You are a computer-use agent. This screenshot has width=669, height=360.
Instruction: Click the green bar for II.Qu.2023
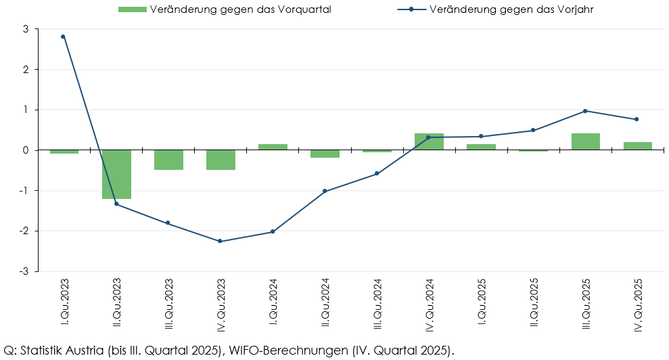116,174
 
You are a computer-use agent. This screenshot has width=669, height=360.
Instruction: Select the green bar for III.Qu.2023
168,160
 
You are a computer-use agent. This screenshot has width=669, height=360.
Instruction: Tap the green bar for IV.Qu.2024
429,141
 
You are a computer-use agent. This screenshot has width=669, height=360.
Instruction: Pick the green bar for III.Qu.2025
586,141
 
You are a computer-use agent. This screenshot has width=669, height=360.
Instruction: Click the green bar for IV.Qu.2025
638,145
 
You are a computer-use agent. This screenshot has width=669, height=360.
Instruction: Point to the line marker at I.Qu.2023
63,37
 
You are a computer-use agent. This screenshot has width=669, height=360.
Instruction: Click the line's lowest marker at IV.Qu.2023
220,241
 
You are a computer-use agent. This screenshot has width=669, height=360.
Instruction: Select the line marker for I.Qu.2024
273,231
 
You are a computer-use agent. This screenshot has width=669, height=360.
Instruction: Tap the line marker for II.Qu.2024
325,191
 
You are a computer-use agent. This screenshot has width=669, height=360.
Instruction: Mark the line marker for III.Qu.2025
585,111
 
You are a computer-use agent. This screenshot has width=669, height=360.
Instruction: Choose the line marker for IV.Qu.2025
637,119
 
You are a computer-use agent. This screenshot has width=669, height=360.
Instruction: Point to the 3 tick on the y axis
25,29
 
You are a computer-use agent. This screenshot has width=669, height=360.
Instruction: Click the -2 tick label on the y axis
24,231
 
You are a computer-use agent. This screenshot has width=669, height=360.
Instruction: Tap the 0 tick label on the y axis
25,150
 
